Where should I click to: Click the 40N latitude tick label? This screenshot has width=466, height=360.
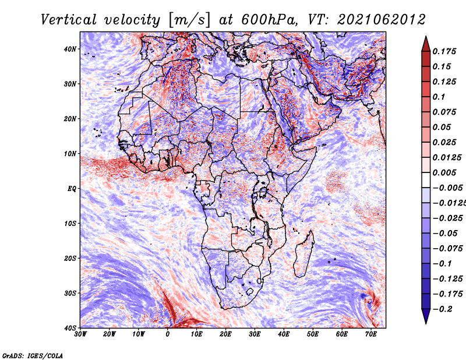click(x=70, y=49)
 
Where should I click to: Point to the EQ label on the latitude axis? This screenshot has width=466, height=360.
click(x=72, y=189)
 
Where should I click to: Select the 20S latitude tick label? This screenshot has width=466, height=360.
click(x=70, y=258)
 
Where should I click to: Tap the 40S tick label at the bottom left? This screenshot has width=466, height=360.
click(x=70, y=328)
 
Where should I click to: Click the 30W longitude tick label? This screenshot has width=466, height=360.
click(x=80, y=334)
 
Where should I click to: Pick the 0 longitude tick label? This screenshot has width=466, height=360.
click(x=168, y=334)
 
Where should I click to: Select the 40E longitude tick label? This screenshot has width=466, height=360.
click(x=284, y=334)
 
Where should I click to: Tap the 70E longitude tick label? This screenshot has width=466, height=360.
click(x=371, y=334)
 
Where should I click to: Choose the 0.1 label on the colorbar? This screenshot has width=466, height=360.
click(x=439, y=97)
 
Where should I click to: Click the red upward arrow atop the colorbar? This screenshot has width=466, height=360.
click(x=426, y=44)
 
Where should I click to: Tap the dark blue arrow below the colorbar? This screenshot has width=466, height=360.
click(x=426, y=316)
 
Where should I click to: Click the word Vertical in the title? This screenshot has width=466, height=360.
click(x=69, y=20)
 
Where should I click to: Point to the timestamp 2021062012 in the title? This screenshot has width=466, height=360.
click(x=382, y=20)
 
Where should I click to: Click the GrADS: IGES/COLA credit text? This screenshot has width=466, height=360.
click(x=33, y=355)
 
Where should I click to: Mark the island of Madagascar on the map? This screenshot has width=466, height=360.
click(x=303, y=254)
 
